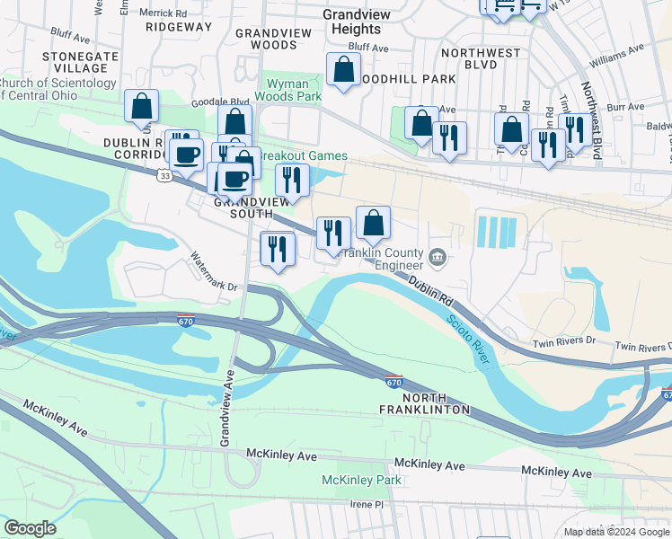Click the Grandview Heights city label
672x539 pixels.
point(357,22)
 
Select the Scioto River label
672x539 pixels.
point(467,340)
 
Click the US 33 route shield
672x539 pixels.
point(163,176)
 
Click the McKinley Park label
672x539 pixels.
point(361,481)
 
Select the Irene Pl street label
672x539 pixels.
point(367,505)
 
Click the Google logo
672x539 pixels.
point(30,528)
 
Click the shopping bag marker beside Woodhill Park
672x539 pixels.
point(343,70)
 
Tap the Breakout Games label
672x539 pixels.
point(303,155)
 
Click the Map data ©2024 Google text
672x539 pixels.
point(615,531)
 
